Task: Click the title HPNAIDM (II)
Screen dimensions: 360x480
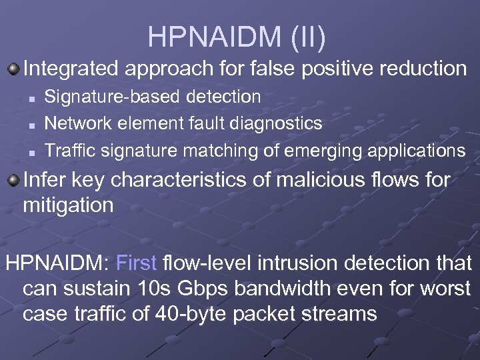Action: [x=237, y=37]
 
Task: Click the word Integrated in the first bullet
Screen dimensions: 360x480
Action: [x=71, y=69]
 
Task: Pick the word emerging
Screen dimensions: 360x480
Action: [x=318, y=150]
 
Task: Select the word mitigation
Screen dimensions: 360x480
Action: [x=68, y=205]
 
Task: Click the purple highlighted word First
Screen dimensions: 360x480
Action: [x=136, y=263]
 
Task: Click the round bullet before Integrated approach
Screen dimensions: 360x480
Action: [x=13, y=68]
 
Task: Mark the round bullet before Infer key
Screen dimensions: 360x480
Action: [x=13, y=180]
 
